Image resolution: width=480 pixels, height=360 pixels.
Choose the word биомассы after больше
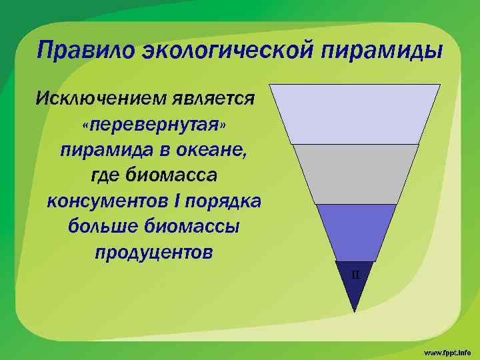[194, 227]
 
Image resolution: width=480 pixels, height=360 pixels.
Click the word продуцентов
[154, 253]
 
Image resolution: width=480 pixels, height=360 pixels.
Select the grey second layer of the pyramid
[355, 173]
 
